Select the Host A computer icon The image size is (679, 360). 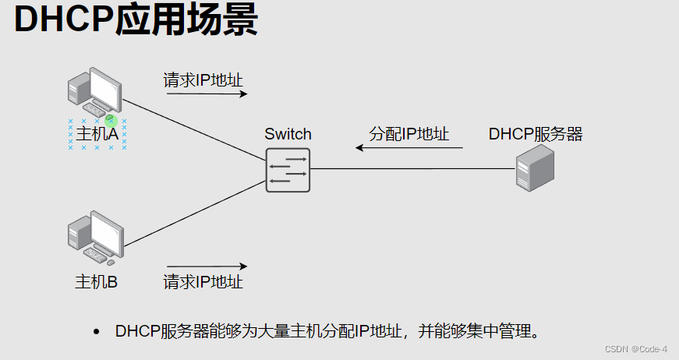(x=94, y=92)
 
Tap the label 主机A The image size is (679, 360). (x=97, y=135)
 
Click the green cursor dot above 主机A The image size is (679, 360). (x=111, y=120)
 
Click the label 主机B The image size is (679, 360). (x=96, y=281)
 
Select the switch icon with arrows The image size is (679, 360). (x=288, y=170)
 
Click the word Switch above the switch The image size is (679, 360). (x=288, y=134)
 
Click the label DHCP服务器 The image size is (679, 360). (x=536, y=134)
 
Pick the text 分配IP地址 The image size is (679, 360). (x=409, y=133)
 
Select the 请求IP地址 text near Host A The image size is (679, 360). (x=203, y=79)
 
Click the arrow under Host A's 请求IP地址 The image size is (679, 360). (x=207, y=94)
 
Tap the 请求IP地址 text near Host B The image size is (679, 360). (x=203, y=281)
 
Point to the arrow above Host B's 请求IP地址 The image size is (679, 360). (x=207, y=266)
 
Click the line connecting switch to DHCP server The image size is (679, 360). (x=413, y=168)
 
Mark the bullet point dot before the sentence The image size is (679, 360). (x=97, y=332)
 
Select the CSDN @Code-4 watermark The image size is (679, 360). (x=635, y=348)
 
